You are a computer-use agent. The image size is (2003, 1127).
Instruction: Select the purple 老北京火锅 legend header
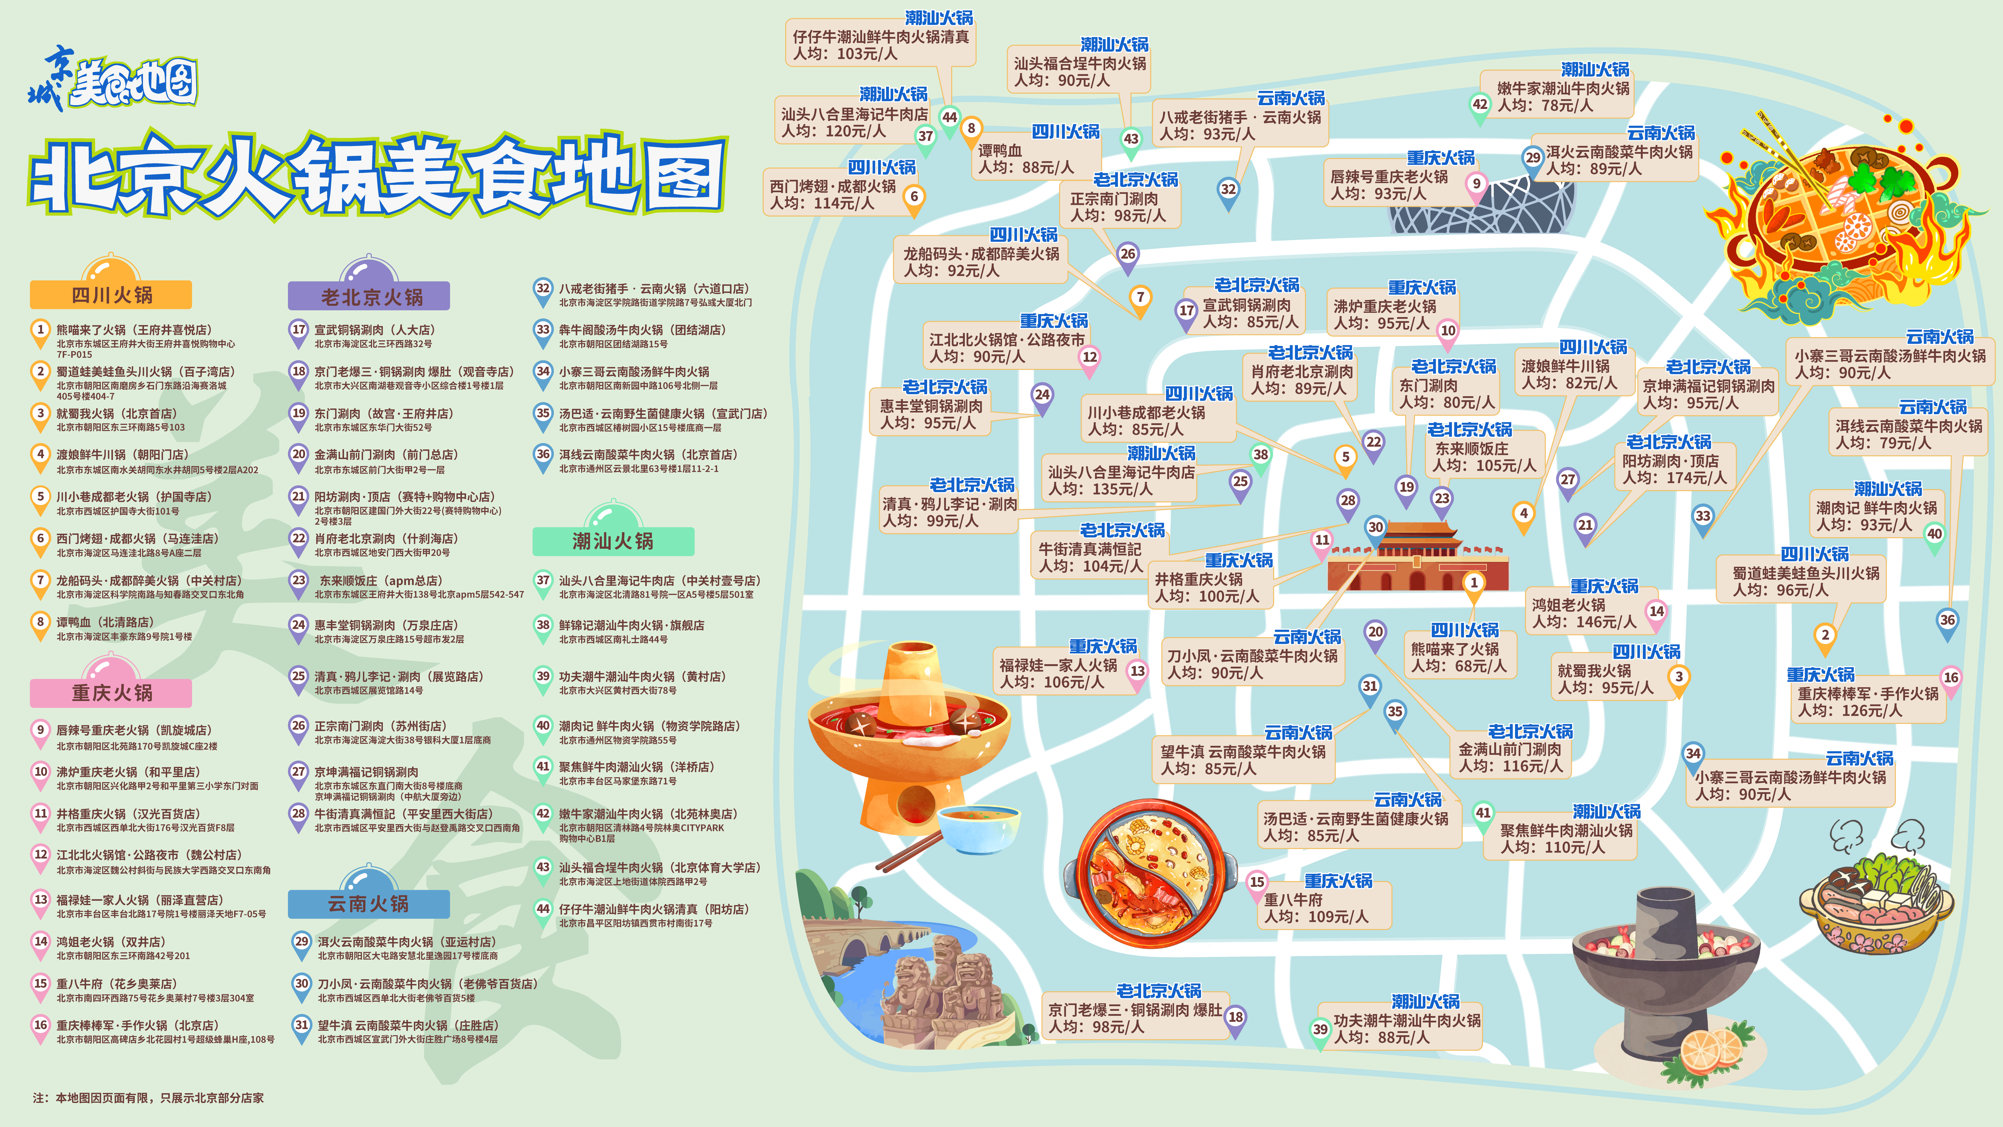(x=369, y=296)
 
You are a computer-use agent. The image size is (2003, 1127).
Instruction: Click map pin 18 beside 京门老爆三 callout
(x=1235, y=1017)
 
